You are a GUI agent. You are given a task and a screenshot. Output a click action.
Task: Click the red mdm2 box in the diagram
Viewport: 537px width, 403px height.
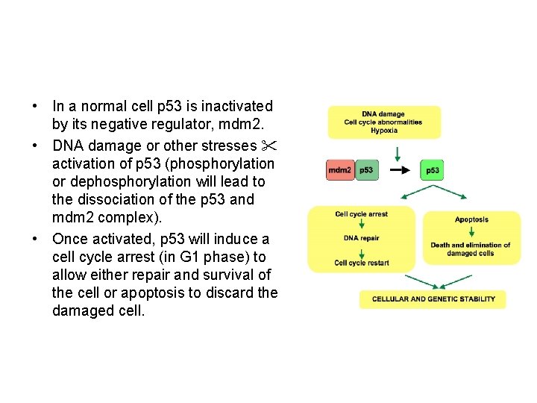coord(340,170)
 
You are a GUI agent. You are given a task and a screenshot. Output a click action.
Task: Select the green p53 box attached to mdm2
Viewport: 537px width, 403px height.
coord(366,170)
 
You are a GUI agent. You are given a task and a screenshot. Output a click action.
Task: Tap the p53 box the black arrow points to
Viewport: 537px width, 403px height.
coord(432,170)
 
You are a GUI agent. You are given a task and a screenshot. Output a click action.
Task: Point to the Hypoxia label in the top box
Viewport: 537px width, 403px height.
coord(383,131)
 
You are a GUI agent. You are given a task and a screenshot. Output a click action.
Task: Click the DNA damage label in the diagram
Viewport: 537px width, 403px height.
coord(383,114)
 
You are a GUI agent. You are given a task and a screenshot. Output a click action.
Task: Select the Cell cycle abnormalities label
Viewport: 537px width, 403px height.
coord(383,122)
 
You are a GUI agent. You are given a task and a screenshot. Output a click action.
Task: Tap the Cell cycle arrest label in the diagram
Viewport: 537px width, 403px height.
coord(361,214)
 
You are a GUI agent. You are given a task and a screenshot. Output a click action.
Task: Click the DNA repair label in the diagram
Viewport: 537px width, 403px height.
coord(361,238)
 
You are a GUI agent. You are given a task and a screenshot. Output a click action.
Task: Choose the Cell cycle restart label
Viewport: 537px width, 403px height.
coord(361,263)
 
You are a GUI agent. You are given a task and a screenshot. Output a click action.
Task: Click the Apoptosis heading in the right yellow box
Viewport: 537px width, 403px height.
coord(471,219)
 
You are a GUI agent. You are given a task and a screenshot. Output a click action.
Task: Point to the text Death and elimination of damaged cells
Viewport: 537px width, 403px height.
coord(471,249)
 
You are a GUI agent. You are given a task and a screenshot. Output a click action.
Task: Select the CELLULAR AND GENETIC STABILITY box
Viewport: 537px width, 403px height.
coord(433,299)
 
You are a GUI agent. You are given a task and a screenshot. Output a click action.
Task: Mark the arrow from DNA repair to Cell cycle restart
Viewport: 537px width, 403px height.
coord(361,250)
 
